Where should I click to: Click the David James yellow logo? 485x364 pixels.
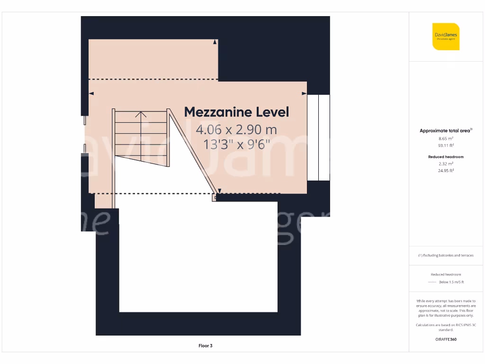(446, 36)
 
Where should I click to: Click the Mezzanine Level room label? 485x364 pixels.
(236, 112)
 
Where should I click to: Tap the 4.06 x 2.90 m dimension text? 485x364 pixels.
(236, 129)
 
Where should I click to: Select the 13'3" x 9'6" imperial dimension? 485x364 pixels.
(236, 144)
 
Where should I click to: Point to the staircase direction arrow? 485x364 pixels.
(141, 114)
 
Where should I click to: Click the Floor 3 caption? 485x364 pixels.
(205, 346)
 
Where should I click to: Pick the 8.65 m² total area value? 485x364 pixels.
(446, 138)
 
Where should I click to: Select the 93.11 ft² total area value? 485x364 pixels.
(446, 146)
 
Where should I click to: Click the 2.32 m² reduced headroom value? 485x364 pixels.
(446, 164)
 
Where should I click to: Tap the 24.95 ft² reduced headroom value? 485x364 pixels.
(446, 171)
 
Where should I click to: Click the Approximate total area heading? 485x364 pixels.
(445, 131)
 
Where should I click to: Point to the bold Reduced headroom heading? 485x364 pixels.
(446, 156)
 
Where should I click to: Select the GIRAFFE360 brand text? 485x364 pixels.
(446, 339)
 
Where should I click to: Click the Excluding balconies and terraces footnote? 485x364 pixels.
(446, 255)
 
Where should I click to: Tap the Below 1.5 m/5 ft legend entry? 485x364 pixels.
(451, 282)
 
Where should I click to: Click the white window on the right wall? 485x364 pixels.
(318, 137)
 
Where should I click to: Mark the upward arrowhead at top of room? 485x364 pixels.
(215, 42)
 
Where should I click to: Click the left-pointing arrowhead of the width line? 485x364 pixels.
(91, 94)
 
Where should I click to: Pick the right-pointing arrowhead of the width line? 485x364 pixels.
(304, 94)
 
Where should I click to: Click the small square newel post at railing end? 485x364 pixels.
(215, 198)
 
